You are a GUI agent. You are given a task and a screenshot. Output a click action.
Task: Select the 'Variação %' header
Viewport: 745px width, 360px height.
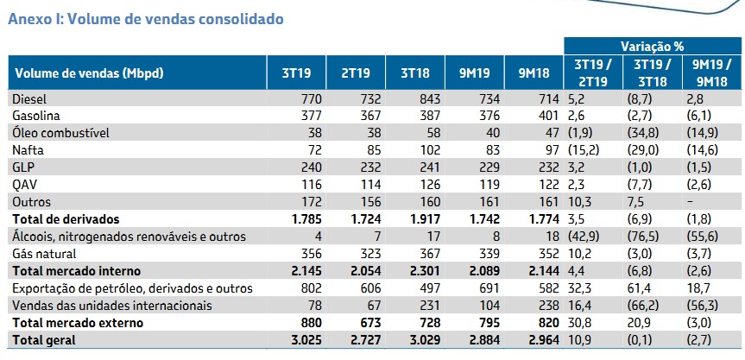tap(652, 45)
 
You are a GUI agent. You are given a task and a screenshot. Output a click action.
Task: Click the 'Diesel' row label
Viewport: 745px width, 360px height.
tap(30, 99)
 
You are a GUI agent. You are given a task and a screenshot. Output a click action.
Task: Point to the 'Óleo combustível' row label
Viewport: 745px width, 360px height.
tap(57, 132)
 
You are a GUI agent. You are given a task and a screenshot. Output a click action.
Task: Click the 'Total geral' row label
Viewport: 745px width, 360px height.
tap(44, 340)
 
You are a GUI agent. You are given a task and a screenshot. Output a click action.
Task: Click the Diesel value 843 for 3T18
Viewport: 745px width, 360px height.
tap(428, 99)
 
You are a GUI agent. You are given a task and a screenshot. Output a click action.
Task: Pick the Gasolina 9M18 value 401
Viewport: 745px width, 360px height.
tap(546, 116)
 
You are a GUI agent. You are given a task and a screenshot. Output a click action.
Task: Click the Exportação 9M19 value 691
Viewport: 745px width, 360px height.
tap(489, 287)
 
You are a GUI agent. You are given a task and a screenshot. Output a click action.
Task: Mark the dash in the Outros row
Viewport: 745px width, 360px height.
tap(709, 201)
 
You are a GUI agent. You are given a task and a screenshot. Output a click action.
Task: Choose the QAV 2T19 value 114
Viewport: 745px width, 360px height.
tap(369, 184)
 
